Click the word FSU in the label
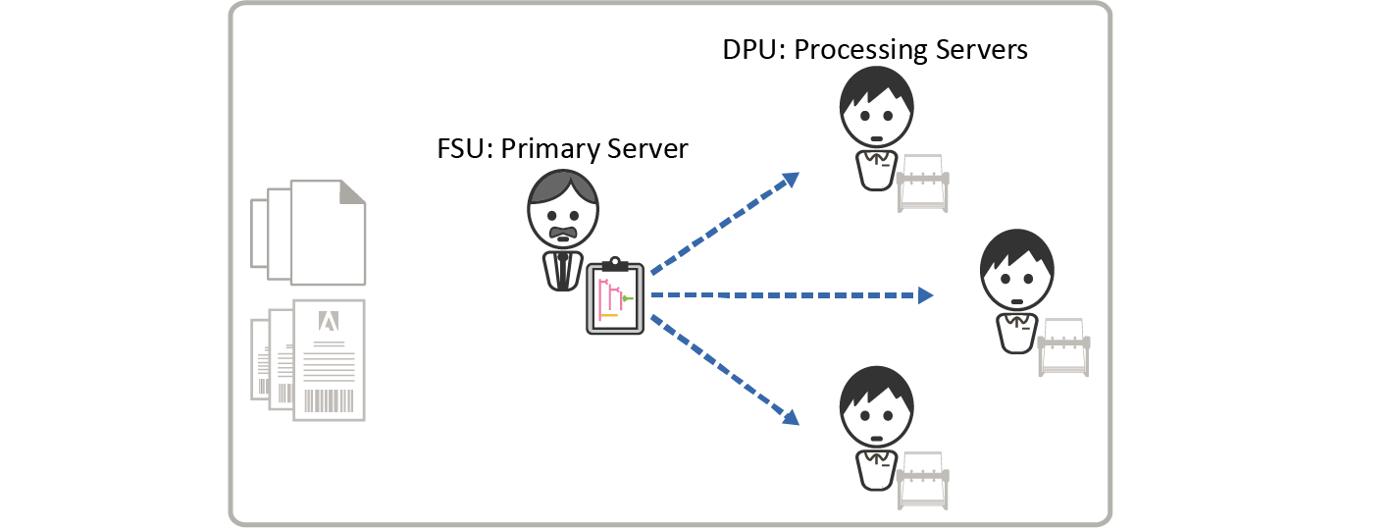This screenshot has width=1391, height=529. point(465,149)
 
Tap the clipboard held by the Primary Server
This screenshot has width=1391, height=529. point(615,298)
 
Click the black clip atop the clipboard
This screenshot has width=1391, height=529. point(615,263)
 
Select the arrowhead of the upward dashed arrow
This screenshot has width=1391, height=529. point(790,179)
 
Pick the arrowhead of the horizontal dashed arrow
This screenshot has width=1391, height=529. point(925,294)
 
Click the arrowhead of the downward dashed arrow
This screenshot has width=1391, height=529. point(790,417)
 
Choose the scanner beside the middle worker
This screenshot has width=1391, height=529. point(1063,347)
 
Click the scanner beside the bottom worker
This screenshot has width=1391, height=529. point(923,481)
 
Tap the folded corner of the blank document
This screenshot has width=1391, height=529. point(352,191)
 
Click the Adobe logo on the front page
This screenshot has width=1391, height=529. point(330,321)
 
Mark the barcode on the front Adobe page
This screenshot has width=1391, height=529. point(330,401)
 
